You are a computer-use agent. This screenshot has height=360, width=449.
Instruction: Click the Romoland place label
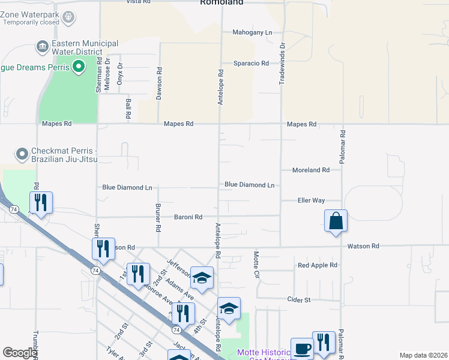[x=221, y=2]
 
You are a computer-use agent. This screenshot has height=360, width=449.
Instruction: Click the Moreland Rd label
[x=310, y=170]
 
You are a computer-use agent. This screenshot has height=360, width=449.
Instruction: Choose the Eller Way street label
[x=311, y=200]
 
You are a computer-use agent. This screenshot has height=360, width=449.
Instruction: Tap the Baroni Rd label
[x=188, y=217]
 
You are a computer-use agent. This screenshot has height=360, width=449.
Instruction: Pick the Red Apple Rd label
[x=318, y=265]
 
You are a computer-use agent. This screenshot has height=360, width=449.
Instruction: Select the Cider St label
[x=298, y=299]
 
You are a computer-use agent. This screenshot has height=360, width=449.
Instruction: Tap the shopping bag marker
[x=336, y=220]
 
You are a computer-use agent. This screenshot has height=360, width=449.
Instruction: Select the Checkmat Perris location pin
[x=22, y=154]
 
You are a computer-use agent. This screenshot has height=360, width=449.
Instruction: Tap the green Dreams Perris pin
[x=78, y=67]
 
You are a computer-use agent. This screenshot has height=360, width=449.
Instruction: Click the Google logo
[x=20, y=353]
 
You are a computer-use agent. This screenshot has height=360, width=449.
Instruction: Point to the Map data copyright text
[x=423, y=355]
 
